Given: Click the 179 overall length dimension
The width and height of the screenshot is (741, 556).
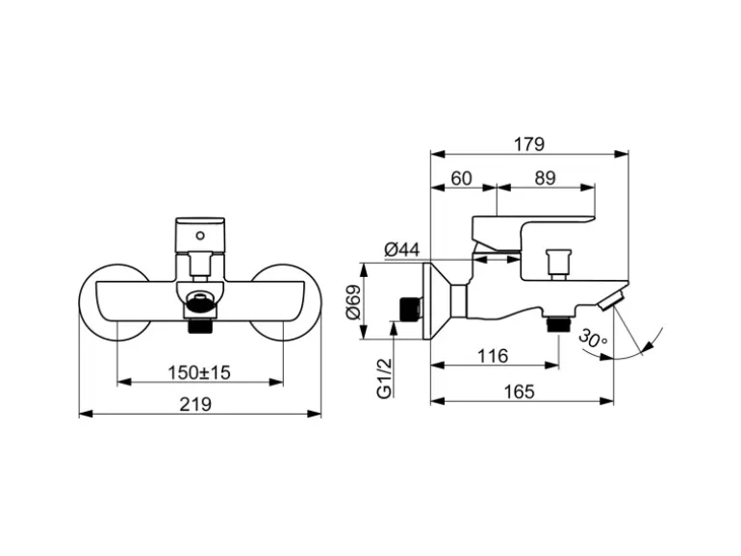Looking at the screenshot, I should (528, 144).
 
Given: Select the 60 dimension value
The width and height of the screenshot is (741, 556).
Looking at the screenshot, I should (461, 177).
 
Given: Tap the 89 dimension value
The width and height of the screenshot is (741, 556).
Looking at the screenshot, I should (545, 177).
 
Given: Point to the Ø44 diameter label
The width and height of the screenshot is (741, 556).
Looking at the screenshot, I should (401, 250).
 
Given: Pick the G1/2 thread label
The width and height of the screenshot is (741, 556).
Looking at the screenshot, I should (384, 377).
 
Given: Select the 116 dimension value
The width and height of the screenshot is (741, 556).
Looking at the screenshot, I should (493, 356).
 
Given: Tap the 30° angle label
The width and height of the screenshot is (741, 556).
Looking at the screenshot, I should (594, 337).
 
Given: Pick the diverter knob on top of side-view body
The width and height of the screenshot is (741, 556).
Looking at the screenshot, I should (555, 261).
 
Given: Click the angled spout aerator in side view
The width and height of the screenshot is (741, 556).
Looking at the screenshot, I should (609, 303).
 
